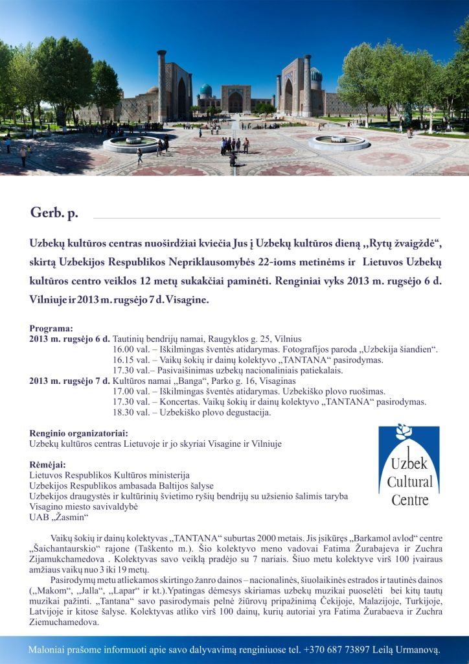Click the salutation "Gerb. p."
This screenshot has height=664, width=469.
point(54,213)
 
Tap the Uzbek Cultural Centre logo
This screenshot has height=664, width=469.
point(409,465)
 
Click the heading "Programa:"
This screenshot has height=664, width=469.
point(51,329)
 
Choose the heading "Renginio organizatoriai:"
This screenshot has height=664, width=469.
point(78,433)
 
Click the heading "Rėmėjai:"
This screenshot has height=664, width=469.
point(47,465)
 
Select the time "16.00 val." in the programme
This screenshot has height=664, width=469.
point(132,350)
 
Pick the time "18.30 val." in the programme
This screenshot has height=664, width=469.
point(132,412)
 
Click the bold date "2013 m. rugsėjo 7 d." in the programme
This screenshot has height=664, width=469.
point(70,381)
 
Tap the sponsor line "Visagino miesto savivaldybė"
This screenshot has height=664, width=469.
point(84,506)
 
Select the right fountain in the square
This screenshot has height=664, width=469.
point(339,143)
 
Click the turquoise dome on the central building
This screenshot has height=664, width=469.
point(205,89)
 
